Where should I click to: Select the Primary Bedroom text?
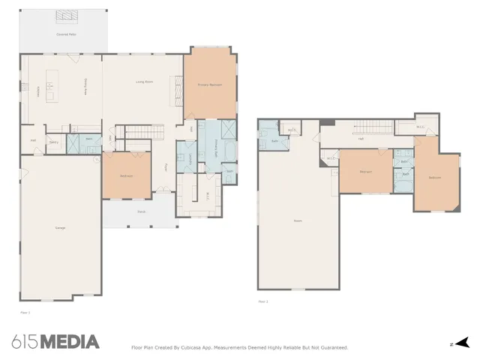[x=209, y=85]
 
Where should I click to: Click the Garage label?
[x=59, y=227]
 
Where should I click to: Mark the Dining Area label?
[x=85, y=88]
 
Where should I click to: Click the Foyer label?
[x=166, y=168]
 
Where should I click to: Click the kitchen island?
[x=52, y=86]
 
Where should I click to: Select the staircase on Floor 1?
[x=143, y=133]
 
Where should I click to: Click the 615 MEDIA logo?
[x=55, y=342]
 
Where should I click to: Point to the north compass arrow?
[x=463, y=342]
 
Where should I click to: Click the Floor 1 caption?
[x=24, y=309]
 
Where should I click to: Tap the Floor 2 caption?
[x=262, y=301]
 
